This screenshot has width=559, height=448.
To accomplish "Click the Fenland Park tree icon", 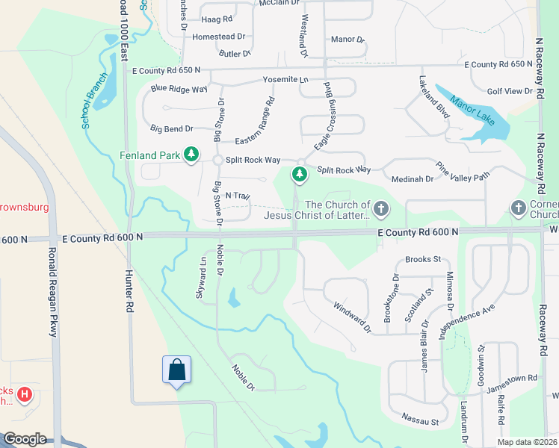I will tap(191, 155).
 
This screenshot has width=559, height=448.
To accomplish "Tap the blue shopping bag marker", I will tap(176, 370).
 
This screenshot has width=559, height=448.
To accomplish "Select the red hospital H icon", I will tap(25, 393).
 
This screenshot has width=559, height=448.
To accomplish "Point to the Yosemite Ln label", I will tap(285, 79).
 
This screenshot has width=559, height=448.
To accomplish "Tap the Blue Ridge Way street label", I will tap(179, 89).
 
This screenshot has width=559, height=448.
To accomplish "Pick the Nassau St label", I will tap(419, 421).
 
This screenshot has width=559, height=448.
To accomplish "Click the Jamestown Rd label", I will tap(511, 379).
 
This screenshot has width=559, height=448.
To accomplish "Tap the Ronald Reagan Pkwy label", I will tap(52, 292).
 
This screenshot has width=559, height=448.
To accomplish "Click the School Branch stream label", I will tap(94, 104).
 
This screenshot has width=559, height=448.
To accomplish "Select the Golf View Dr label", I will tap(510, 91).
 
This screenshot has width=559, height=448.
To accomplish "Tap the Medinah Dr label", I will tap(413, 179).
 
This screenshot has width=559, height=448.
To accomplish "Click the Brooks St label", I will tap(423, 260).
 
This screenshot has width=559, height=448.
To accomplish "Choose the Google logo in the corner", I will tap(24, 439).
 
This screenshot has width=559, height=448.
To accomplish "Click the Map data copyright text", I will tap(527, 442).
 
